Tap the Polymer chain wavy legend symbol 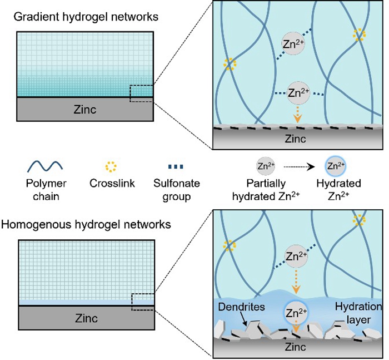click(x=44, y=166)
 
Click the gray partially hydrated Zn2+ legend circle click(x=263, y=166)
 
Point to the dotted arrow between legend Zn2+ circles click(x=298, y=166)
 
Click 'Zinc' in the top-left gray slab click(x=84, y=110)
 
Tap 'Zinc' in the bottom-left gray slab click(x=84, y=319)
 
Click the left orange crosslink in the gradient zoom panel click(x=226, y=63)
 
